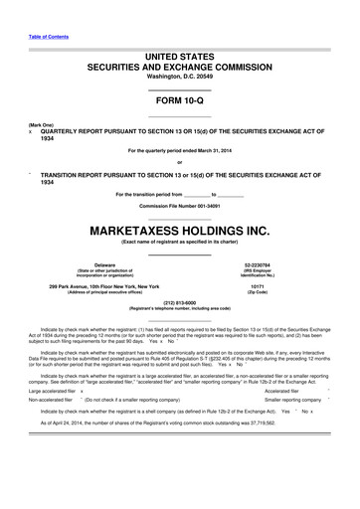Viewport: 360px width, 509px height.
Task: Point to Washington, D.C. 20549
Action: [x=179, y=81]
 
